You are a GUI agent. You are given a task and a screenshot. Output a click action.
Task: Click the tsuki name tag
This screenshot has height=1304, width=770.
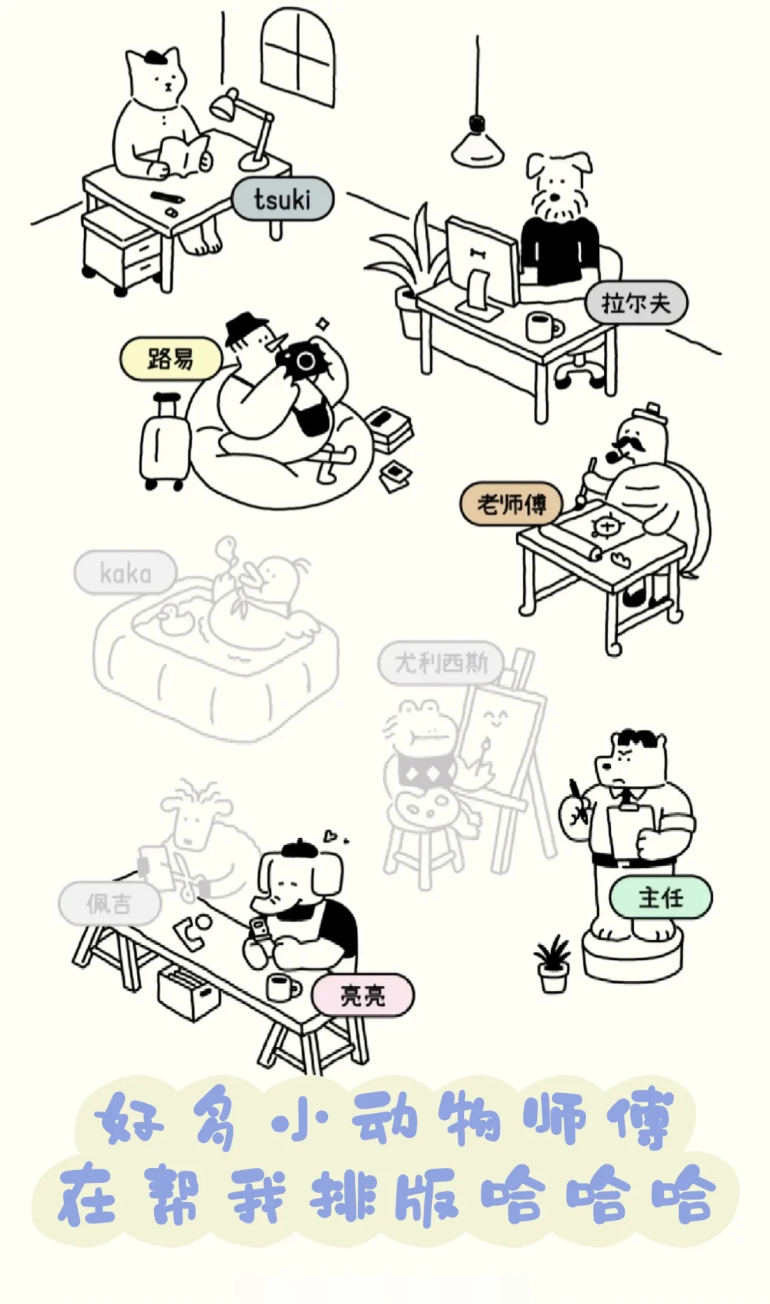coord(282,199)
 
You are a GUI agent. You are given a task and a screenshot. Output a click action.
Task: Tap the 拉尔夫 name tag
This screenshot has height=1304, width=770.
coord(636,303)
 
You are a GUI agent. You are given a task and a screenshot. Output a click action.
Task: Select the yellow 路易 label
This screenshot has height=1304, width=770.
coord(170,358)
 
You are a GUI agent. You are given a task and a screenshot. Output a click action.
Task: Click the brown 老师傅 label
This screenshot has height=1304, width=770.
coord(510,504)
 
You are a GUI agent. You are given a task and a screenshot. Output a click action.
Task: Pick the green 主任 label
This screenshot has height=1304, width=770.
coord(660,896)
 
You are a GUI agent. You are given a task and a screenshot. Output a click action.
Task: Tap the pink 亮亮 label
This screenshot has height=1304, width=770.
coord(362,995)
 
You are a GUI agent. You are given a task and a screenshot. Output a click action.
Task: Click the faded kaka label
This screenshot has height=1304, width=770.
coord(125,572)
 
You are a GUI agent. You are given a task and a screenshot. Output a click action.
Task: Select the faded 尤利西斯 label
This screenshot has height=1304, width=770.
coord(441,663)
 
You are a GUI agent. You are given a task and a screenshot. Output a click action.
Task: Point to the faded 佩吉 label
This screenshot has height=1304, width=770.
coord(109,904)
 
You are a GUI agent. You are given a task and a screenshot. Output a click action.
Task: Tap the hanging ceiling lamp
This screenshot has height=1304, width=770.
coord(477,142)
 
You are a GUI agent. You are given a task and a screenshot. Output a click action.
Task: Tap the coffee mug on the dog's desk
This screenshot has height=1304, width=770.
coord(542,326)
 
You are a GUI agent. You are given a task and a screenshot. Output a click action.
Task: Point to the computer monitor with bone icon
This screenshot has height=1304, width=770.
coord(482,260)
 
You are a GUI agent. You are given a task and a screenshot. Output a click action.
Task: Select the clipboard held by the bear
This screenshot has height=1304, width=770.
coord(630,830)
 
